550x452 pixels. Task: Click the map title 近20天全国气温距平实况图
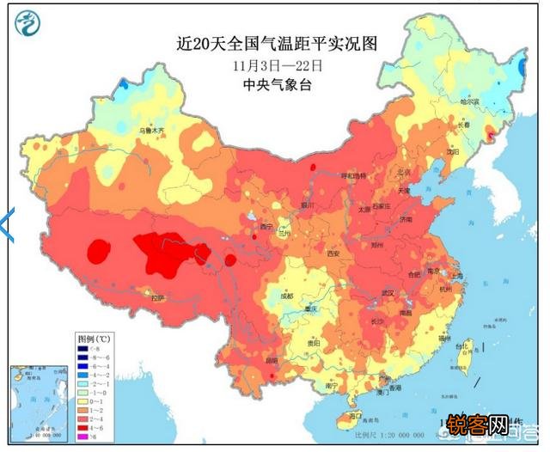tap(271, 44)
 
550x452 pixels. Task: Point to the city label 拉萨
tap(156, 297)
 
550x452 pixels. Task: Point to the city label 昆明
tap(272, 360)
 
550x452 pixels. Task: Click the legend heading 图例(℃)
tap(91, 339)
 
